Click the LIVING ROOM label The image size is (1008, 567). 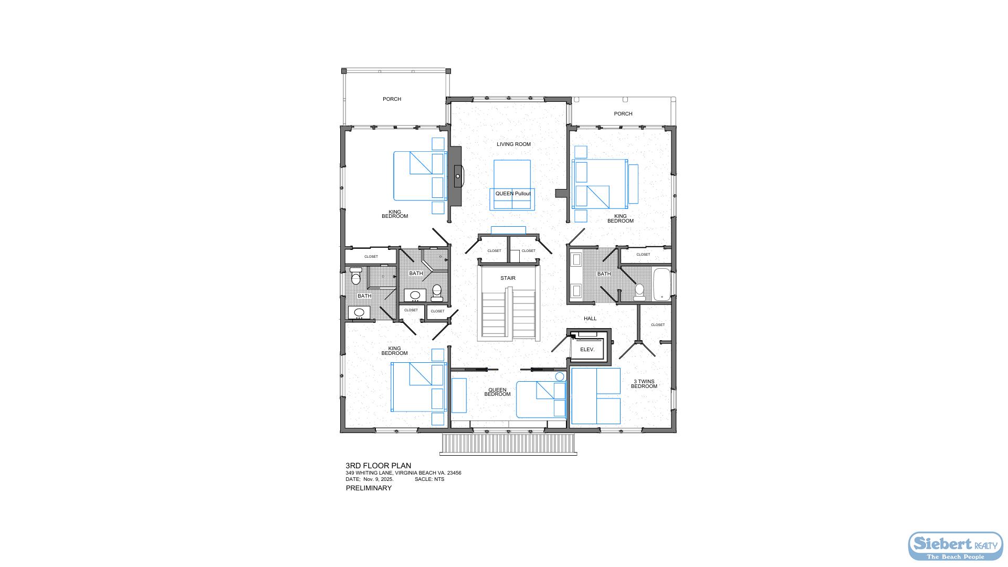coord(513,144)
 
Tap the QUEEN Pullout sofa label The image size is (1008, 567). coord(513,194)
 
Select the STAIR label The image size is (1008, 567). coord(508,278)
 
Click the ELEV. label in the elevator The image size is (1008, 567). coord(587,350)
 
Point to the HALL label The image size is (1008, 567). coord(590,319)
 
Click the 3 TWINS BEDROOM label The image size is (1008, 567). coord(644,384)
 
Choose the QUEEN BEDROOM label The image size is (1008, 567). coord(497,392)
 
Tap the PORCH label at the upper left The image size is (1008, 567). coord(392,99)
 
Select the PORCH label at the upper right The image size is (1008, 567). coord(623,114)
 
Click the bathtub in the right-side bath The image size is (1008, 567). coord(661,285)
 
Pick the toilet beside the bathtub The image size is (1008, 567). coord(639,292)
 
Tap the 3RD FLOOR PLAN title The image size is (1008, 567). coord(378,466)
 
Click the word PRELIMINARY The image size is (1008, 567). coord(369,488)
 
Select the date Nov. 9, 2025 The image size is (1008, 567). coord(378,479)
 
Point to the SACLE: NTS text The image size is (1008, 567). coord(429,479)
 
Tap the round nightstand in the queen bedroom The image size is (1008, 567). coord(560,377)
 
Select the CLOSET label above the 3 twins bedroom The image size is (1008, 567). coord(658,325)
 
